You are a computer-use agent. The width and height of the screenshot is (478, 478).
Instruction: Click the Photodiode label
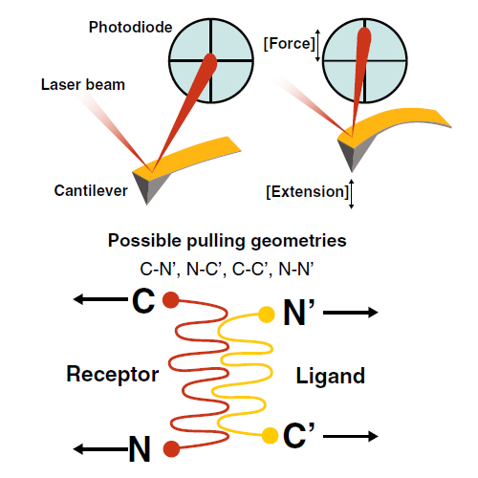coord(130,27)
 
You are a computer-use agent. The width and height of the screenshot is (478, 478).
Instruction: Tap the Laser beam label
coord(83,85)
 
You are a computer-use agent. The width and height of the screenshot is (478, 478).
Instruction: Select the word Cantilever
coord(91,190)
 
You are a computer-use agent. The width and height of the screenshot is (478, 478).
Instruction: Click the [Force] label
coord(289,44)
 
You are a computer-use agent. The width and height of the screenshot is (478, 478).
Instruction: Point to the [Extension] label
coord(308,191)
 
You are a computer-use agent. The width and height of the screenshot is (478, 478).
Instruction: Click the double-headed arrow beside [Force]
coord(317,45)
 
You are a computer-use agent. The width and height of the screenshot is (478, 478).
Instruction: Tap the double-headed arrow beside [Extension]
coord(351,194)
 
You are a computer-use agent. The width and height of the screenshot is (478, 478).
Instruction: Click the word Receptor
coord(113,374)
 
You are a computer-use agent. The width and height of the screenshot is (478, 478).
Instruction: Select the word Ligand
coord(331,376)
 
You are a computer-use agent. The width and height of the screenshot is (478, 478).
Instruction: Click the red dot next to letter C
coord(171,299)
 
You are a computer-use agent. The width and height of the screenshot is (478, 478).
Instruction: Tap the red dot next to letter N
coord(171,448)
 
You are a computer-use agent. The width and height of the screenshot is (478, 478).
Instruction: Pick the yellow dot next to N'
coord(266,315)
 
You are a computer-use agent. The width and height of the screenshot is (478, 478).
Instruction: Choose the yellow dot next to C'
coord(271,436)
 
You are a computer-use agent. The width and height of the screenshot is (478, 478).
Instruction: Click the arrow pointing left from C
coord(100,299)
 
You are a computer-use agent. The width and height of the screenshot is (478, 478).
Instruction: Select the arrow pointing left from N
coord(100,449)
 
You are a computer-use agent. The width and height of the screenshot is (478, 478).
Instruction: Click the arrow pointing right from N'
coord(351,313)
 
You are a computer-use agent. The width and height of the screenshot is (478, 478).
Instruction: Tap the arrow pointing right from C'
coord(351,436)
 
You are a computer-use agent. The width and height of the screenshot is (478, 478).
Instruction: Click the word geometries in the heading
coord(298,241)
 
